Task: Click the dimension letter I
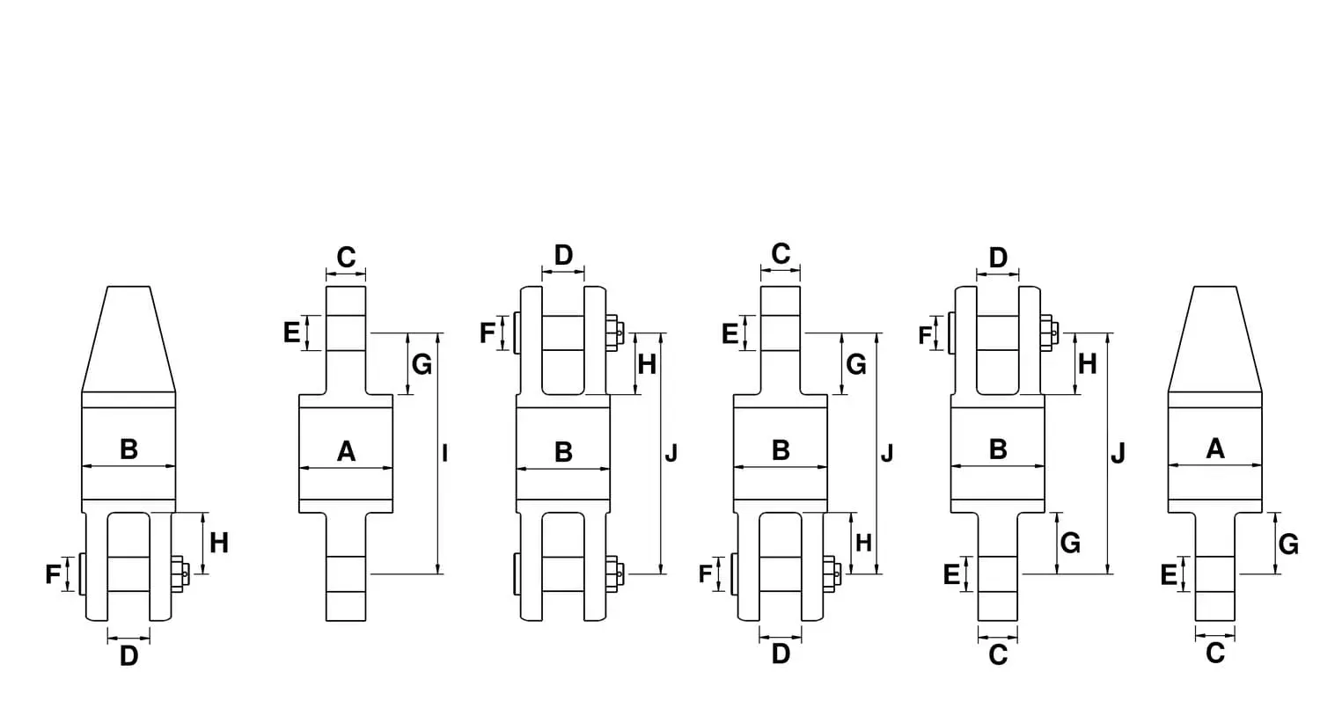[x=445, y=453]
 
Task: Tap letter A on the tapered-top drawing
[x=1215, y=449]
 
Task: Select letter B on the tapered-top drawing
[x=129, y=449]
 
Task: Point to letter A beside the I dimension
[x=346, y=452]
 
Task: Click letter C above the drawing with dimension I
[x=346, y=258]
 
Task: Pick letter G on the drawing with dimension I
[x=422, y=364]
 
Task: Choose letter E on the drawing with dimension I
[x=291, y=333]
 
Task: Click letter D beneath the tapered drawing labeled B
[x=129, y=656]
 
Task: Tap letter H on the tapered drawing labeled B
[x=219, y=543]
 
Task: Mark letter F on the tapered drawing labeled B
[x=53, y=574]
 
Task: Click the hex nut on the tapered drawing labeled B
[x=180, y=572]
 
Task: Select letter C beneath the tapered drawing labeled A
[x=1215, y=654]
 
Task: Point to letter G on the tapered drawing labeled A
[x=1289, y=544]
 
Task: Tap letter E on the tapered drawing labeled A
[x=1169, y=574]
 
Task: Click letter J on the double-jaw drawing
[x=671, y=454]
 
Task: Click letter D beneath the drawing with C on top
[x=781, y=654]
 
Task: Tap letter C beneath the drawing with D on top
[x=998, y=655]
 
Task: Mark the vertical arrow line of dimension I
[x=438, y=453]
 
